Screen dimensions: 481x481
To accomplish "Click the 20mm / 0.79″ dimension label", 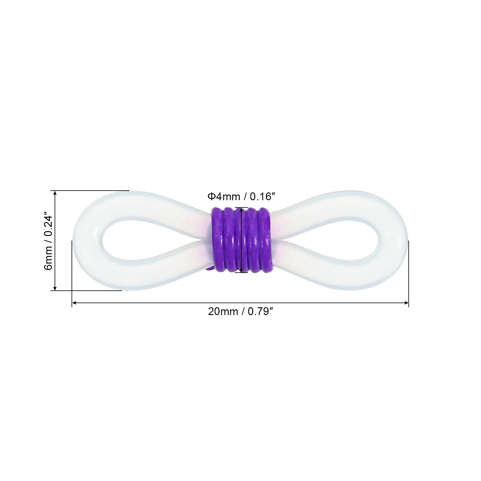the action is tap(240, 311).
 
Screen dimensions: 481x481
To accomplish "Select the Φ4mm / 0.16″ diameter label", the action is tap(241, 197).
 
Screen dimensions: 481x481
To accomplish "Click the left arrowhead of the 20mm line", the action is tap(74, 303).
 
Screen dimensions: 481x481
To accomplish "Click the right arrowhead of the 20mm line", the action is tap(406, 303).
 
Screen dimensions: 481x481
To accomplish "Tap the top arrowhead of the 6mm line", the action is tap(55, 193).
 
